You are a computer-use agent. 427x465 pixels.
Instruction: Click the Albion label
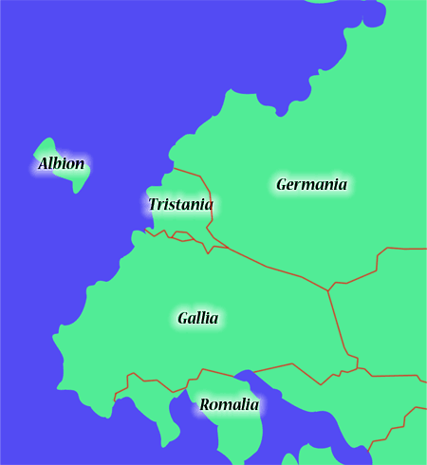[x=62, y=164]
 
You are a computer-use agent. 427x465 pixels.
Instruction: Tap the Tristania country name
[x=180, y=205]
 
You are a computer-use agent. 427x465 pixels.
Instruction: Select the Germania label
[x=311, y=184]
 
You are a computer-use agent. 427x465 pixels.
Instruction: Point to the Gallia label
[x=197, y=318]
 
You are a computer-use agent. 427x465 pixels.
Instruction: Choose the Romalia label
[x=229, y=405]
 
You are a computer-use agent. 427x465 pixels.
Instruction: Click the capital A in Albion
[x=44, y=164]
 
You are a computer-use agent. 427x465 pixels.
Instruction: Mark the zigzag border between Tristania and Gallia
[x=176, y=235]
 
